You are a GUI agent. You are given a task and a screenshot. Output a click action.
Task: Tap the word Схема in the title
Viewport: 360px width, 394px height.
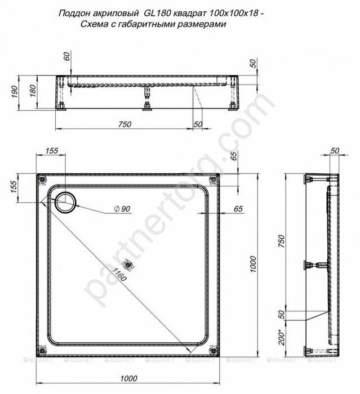pos(93,24)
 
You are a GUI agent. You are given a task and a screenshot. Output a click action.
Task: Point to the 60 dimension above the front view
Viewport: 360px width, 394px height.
pos(66,56)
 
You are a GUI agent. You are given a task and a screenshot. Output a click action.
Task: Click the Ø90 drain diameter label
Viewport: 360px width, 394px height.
pos(123,209)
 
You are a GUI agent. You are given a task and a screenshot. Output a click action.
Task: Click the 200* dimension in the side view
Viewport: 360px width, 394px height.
pos(279,338)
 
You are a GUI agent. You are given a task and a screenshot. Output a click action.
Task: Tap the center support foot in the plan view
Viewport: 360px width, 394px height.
pos(130,262)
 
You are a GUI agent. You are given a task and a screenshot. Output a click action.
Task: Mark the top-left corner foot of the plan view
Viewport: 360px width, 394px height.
pos(42,180)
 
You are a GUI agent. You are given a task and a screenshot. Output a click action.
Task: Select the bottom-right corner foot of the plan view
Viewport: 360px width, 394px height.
pos(212,348)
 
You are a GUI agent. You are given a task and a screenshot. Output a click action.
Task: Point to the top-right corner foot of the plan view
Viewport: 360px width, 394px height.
pos(213,180)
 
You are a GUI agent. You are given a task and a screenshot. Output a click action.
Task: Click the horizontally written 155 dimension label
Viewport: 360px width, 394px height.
pos(52,150)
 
